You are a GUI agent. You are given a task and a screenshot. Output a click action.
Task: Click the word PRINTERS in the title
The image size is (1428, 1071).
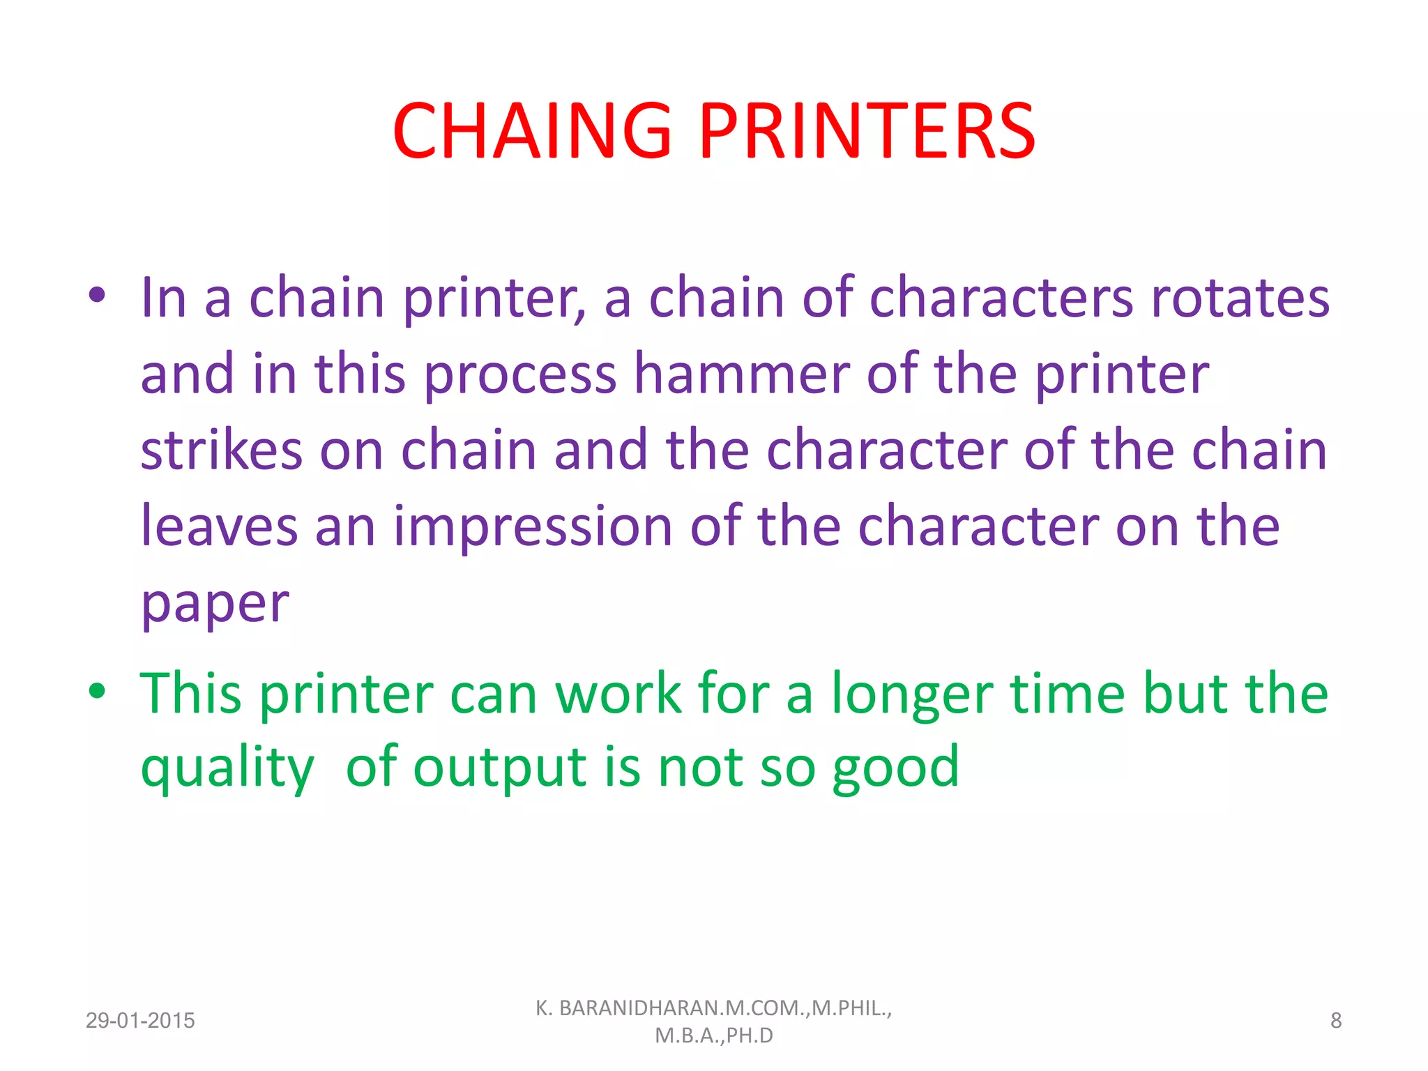point(867,131)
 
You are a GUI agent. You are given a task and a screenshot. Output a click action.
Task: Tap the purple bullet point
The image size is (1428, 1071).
point(97,295)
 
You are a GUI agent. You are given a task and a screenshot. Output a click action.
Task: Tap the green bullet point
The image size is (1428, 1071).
point(97,691)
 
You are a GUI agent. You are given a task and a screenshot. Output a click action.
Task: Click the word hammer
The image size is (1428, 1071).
point(741,374)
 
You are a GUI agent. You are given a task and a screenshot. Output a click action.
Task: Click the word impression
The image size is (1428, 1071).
point(533,528)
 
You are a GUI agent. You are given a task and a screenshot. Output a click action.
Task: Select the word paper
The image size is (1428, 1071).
point(214,604)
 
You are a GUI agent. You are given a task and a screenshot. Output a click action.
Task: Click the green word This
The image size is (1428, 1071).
point(191,693)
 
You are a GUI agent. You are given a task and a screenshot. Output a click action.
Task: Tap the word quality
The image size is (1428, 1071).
point(227,769)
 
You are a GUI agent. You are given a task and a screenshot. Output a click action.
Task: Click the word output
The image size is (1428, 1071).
point(499,769)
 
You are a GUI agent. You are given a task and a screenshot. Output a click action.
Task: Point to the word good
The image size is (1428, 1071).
point(895,769)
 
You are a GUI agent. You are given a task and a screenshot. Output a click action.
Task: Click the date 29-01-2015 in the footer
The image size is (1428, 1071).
point(140,1021)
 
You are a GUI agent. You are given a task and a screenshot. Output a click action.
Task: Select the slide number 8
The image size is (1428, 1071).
point(1336,1021)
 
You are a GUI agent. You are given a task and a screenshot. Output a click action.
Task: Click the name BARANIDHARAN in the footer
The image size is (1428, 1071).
point(640,1008)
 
